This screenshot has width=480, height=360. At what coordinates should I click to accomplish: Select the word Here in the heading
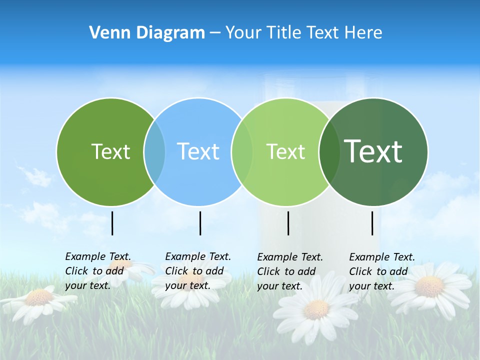363,33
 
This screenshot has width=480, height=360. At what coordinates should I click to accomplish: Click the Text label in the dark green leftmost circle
110,151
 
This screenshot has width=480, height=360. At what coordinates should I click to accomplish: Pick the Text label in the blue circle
198,151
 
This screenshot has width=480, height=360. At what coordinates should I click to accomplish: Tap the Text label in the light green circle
285,151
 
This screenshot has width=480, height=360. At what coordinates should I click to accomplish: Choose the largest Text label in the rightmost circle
373,151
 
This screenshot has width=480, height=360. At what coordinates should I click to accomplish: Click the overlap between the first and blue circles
154,151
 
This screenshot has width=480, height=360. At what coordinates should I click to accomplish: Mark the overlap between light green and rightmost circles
329,151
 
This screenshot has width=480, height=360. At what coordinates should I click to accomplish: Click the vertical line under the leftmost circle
112,223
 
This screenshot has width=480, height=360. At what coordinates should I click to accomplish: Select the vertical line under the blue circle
200,223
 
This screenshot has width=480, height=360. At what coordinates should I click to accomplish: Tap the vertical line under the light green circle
288,223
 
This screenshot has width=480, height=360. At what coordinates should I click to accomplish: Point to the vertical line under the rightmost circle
372,223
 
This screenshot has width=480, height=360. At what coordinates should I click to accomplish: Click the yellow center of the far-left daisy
38,297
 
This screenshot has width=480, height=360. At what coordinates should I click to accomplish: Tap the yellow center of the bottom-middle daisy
316,309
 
